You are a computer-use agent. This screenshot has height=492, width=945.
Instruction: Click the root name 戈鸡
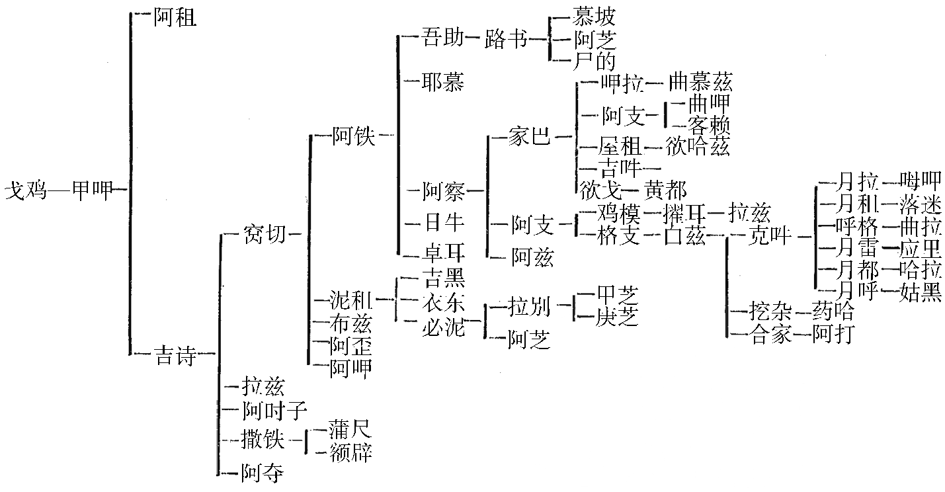coord(24,192)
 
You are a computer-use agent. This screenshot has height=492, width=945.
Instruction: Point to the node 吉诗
coord(175,356)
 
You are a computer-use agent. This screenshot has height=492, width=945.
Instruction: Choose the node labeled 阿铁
coord(354,136)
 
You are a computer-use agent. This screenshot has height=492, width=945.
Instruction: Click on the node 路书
coord(506,40)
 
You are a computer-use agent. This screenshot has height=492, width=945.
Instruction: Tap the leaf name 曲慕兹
coord(700,82)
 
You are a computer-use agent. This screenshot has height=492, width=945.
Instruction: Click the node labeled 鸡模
coord(619,213)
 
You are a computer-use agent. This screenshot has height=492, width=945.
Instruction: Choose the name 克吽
coord(769,235)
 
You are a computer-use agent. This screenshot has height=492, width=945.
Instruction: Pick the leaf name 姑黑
coord(921,292)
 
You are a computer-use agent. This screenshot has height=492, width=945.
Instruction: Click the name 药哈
coord(833,311)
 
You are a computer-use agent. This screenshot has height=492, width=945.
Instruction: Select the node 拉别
coord(529,306)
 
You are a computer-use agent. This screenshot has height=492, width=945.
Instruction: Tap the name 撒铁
coord(263,438)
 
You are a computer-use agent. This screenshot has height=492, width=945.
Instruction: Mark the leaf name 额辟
coord(350,452)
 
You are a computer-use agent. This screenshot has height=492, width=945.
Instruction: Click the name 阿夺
coord(263,472)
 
